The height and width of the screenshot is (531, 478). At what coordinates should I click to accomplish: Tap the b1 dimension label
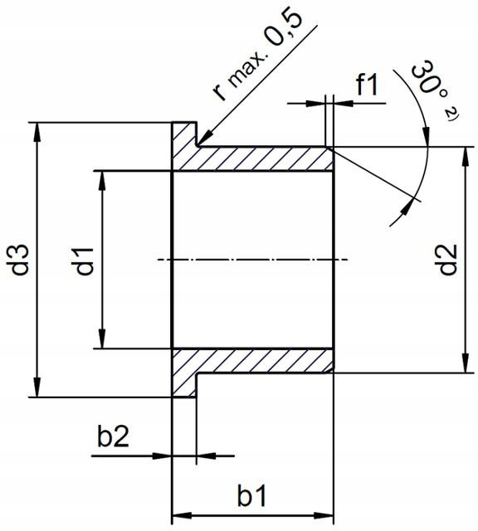click(251, 496)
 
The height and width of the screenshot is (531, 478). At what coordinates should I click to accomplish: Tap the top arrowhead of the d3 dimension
click(37, 129)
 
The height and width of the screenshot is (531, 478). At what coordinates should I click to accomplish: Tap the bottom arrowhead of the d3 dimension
click(37, 390)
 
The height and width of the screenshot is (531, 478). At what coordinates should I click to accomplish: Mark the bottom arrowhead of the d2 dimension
click(463, 366)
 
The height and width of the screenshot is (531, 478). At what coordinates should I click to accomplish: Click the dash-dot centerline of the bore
click(249, 261)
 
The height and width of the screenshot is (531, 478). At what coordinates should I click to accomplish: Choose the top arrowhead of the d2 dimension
click(463, 155)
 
